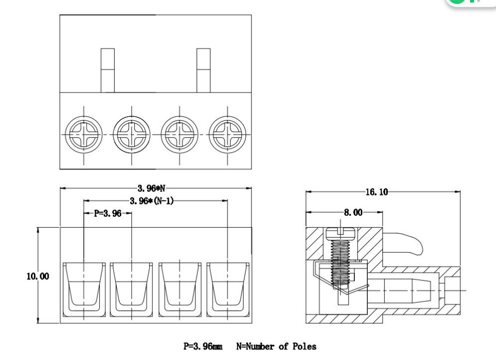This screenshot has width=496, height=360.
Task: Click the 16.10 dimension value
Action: [376, 192]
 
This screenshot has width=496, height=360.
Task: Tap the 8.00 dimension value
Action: [353, 212]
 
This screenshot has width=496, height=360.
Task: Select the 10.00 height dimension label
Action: [38, 276]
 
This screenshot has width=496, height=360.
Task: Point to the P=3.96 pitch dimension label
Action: [107, 213]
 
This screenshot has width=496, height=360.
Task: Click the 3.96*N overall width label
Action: [151, 188]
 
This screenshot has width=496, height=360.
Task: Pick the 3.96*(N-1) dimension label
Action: [152, 201]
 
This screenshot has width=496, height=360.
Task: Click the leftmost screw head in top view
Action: [84, 134]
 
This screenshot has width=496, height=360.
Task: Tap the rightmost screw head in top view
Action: [228, 134]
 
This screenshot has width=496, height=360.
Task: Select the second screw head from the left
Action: [132, 134]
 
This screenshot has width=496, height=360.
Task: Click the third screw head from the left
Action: [180, 134]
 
